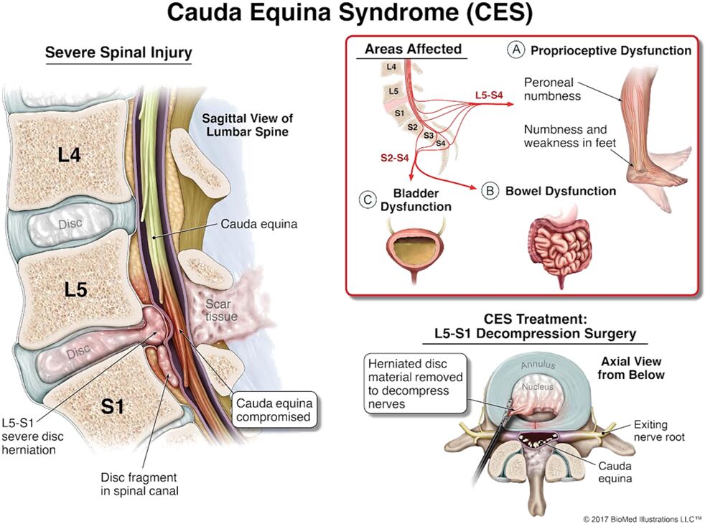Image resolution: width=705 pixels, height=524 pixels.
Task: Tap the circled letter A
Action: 515,50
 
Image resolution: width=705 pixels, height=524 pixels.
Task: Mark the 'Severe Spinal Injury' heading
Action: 118,52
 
